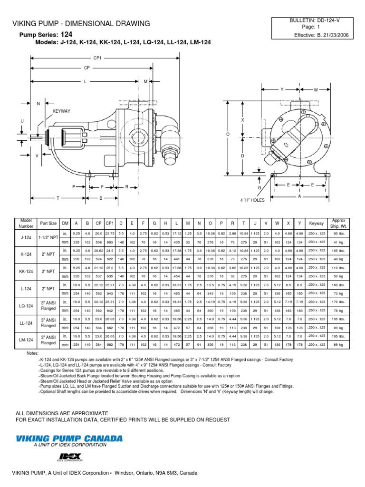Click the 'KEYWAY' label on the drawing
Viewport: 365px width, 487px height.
61,111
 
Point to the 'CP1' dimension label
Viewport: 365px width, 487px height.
98,58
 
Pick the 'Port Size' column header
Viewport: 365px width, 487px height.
48,223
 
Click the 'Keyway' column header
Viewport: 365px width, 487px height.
316,223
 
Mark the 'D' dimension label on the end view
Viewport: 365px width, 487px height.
242,156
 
